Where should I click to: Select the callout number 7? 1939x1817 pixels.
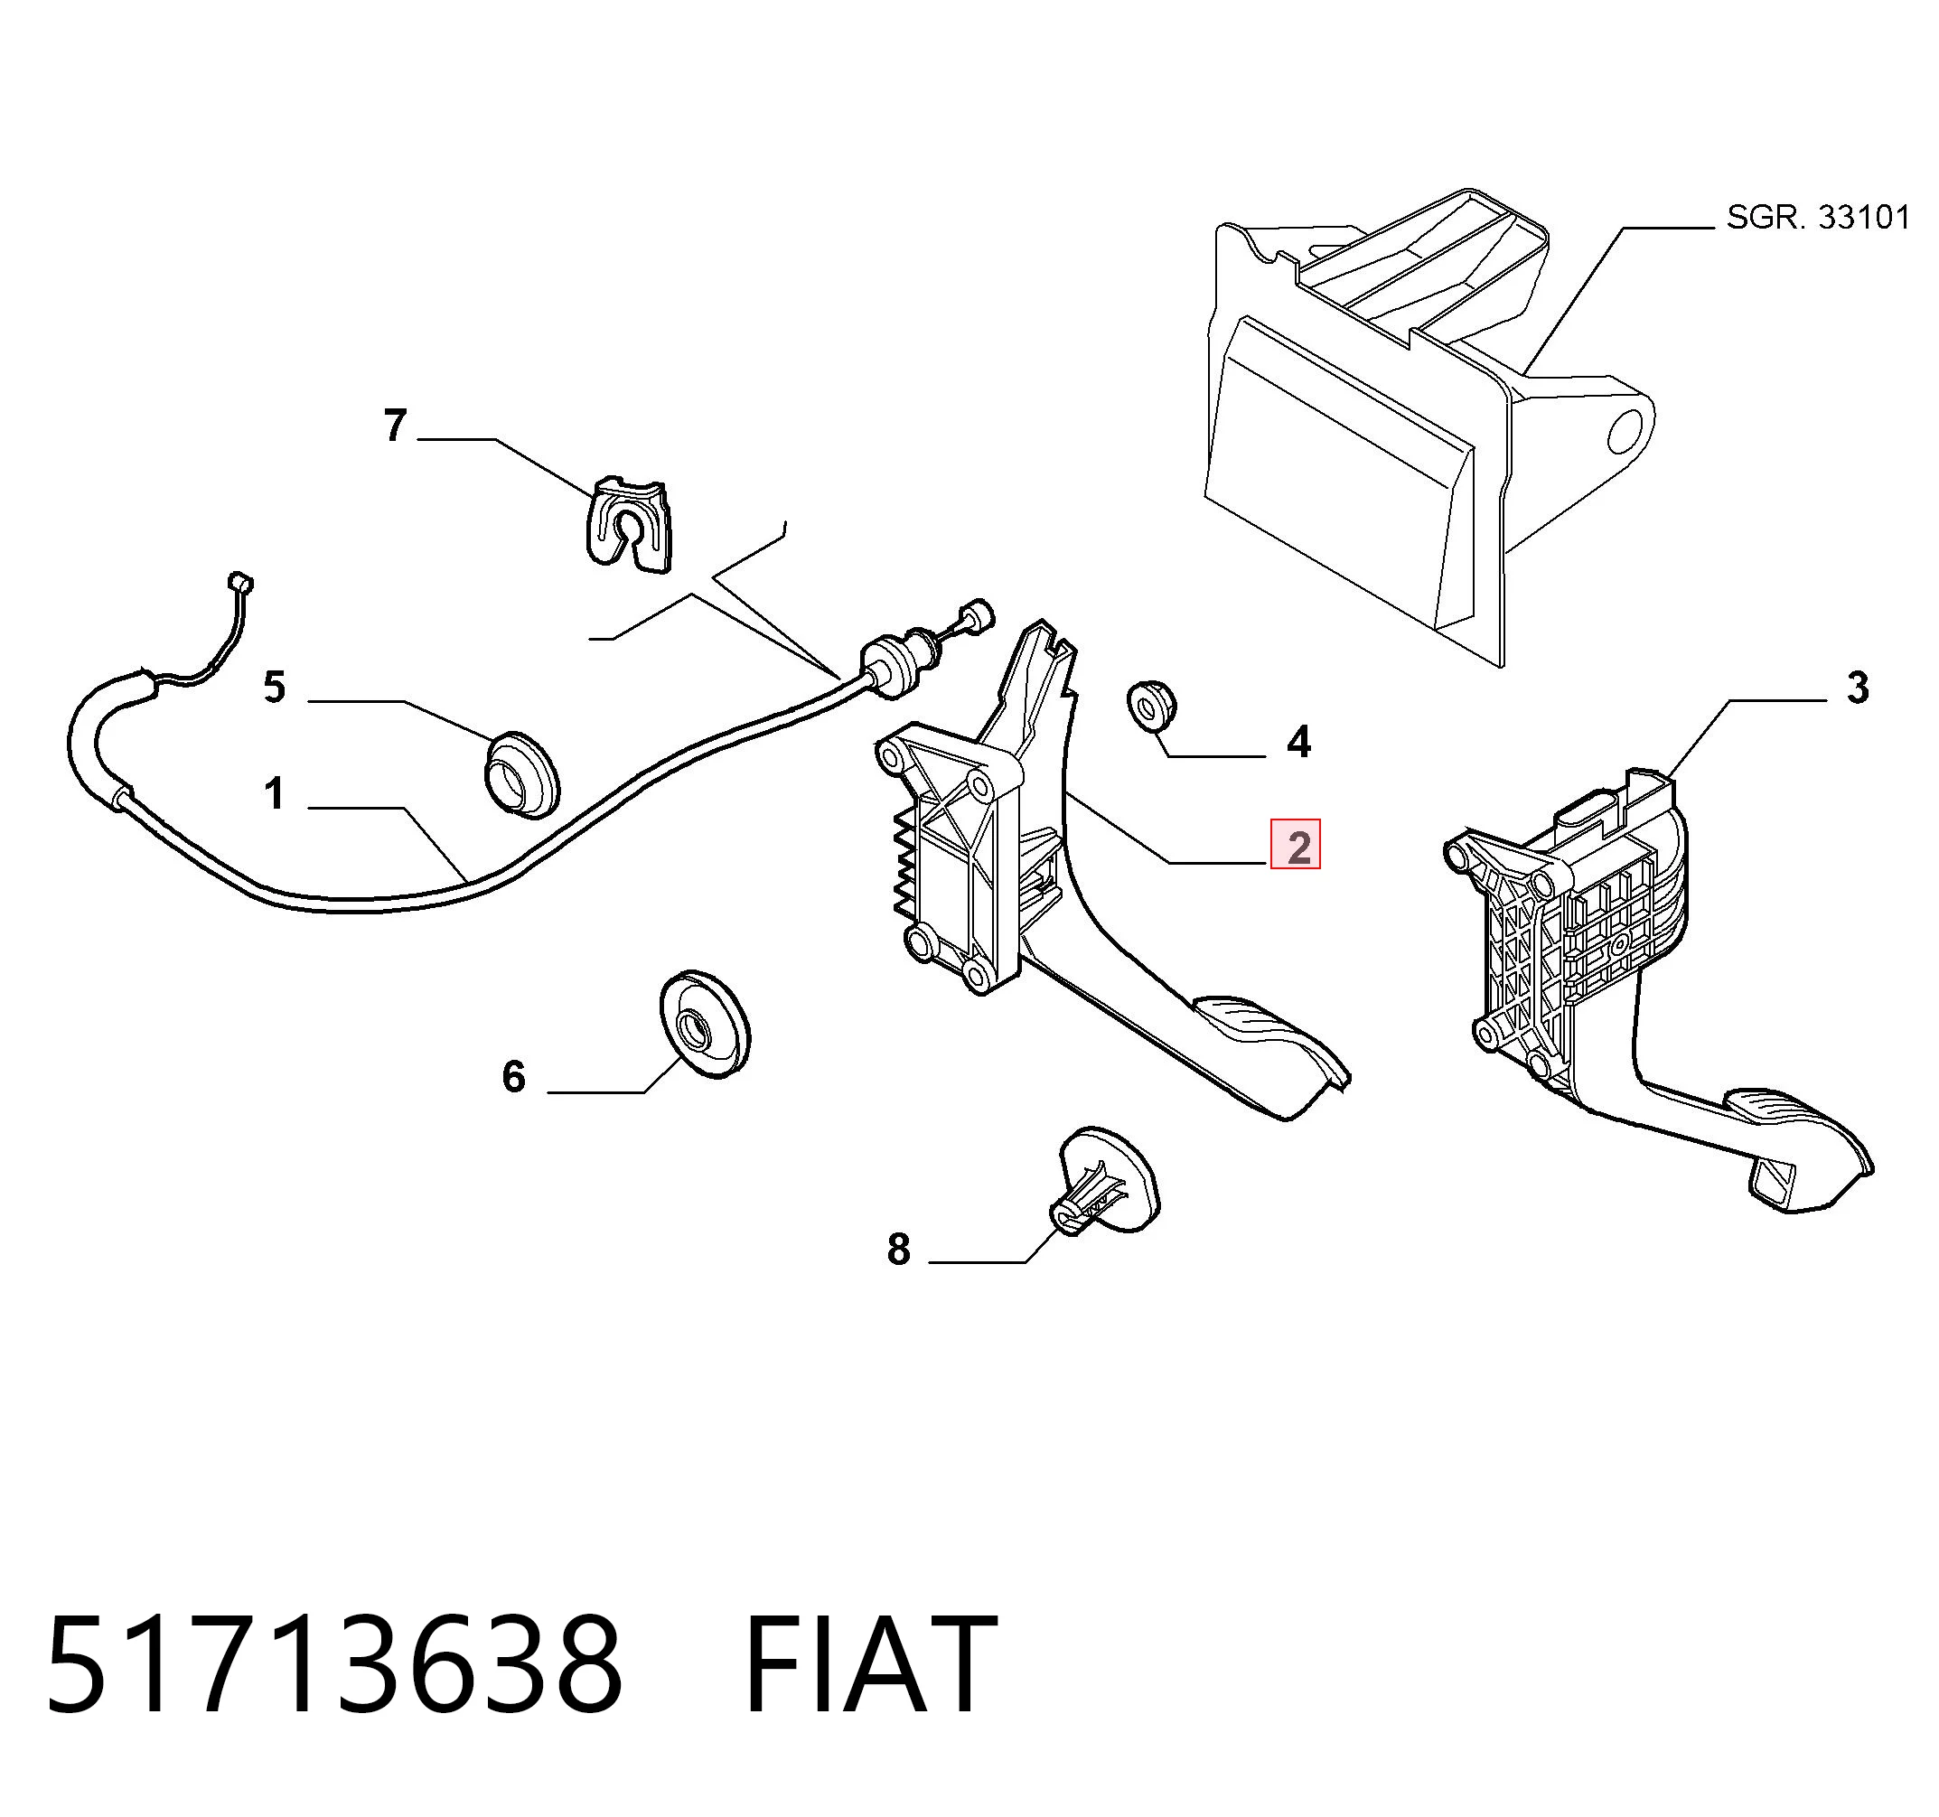(x=394, y=426)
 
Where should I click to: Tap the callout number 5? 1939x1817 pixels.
(x=275, y=688)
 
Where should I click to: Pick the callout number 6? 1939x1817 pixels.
(x=513, y=1076)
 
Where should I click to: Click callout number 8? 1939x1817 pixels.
(x=898, y=1249)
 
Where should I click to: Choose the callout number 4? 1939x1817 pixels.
(x=1298, y=742)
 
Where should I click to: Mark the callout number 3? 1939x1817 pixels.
(x=1858, y=688)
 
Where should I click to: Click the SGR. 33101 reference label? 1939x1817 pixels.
(x=1818, y=217)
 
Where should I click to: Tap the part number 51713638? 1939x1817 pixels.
(x=333, y=1664)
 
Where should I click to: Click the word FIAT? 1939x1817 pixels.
(x=870, y=1664)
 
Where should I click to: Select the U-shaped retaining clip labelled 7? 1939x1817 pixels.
(x=629, y=524)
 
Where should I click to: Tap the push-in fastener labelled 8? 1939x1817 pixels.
(x=1106, y=1181)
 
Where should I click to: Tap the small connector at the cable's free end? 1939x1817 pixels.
(x=239, y=584)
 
